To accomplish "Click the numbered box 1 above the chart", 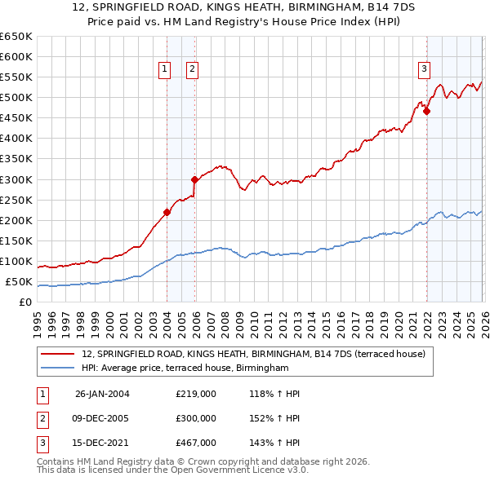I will (165, 70).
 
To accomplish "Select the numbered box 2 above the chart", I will (192, 70).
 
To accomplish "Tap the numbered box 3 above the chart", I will (425, 70).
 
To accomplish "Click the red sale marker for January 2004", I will (167, 212).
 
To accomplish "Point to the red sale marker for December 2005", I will (194, 179).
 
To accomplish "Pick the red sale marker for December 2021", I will (426, 111).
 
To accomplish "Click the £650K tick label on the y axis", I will (16, 36).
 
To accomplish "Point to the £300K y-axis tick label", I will (16, 179).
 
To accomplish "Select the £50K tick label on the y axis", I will (20, 282).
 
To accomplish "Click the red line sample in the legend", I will (58, 355).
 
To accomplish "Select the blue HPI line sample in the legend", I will (58, 368).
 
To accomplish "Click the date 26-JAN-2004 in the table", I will (102, 394).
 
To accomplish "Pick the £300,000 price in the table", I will (196, 418).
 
